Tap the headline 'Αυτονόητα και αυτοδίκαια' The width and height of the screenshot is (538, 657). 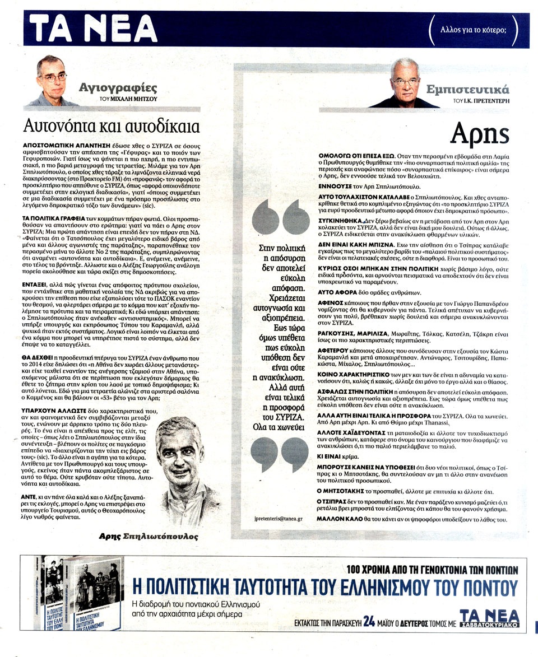(112, 124)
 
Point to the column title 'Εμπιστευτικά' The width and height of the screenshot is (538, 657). (475, 89)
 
